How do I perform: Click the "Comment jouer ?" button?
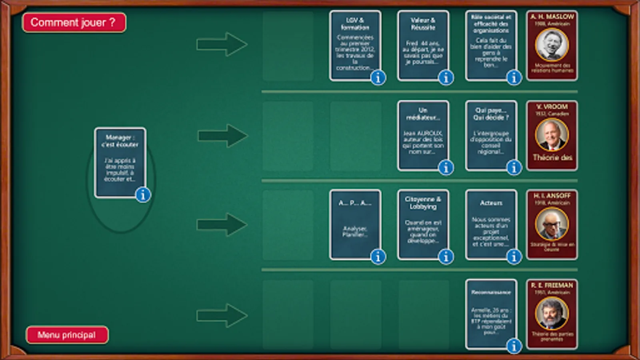[x=74, y=22]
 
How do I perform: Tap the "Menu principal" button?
[x=67, y=335]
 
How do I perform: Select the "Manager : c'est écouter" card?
[x=120, y=160]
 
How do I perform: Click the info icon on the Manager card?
[x=143, y=195]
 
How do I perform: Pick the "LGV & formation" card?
[x=354, y=44]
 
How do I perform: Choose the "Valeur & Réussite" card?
[x=423, y=44]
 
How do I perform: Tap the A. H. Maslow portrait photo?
[x=552, y=44]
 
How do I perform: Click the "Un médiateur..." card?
[x=423, y=134]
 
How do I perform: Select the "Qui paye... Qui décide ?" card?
[x=491, y=134]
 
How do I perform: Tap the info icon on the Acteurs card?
[x=514, y=256]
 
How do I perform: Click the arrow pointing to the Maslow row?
[x=222, y=44]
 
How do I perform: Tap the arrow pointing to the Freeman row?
[x=222, y=315]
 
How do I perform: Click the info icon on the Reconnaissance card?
[x=514, y=346]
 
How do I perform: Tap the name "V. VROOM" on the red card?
[x=552, y=107]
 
